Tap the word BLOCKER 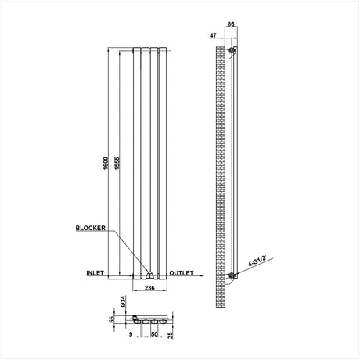point(90,228)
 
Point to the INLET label point(95,273)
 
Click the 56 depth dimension point(111,319)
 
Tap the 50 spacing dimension point(155,333)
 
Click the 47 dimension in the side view point(214,36)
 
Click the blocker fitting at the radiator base point(147,274)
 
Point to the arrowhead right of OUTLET point(203,276)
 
